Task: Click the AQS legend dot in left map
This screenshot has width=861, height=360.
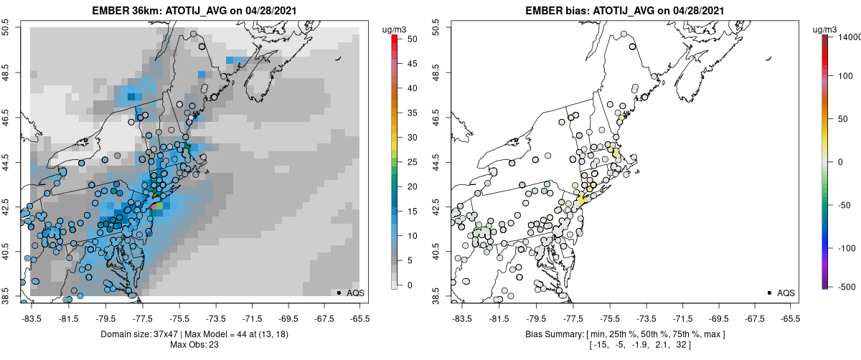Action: point(339,293)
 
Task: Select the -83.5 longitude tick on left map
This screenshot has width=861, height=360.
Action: point(31,318)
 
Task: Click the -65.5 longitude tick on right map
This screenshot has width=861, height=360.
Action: point(790,318)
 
